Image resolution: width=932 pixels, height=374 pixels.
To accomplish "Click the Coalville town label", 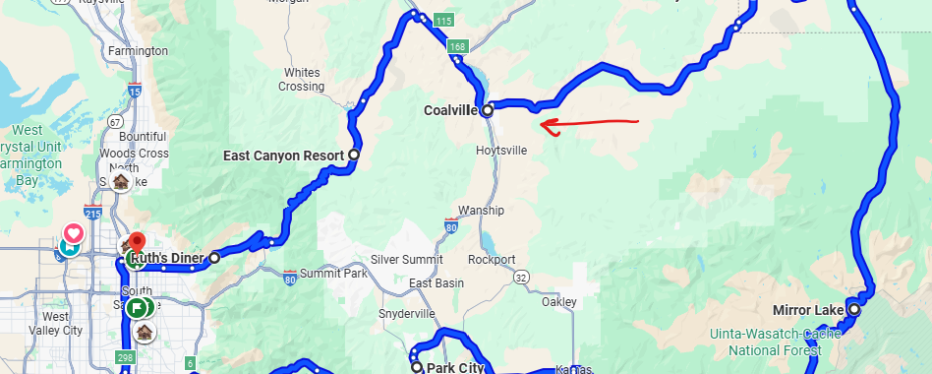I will (x=451, y=110).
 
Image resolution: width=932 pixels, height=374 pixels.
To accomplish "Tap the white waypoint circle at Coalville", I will (x=488, y=111).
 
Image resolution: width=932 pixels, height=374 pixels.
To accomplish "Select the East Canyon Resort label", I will (x=282, y=156).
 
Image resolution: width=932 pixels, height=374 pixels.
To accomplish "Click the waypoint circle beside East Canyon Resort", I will (x=354, y=155).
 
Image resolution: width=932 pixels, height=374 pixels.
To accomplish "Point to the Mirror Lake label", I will (x=808, y=310).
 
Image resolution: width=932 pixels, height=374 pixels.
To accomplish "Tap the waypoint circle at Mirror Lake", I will (x=853, y=309).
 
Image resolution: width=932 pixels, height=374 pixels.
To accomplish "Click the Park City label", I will (x=456, y=368).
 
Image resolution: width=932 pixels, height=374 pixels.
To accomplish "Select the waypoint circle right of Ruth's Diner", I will (x=214, y=258).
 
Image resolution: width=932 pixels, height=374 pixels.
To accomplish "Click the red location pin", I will (x=138, y=242).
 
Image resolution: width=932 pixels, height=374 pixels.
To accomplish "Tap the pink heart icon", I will (x=73, y=234).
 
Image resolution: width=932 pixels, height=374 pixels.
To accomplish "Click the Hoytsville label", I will (x=501, y=151).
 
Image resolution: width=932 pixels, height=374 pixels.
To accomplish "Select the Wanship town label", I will (x=482, y=211).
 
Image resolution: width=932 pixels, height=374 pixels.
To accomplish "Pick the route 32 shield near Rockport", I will (x=521, y=280).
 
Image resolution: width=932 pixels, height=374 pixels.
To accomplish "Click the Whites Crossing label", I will (x=301, y=80).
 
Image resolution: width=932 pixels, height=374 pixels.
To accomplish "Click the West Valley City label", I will (x=56, y=324).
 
